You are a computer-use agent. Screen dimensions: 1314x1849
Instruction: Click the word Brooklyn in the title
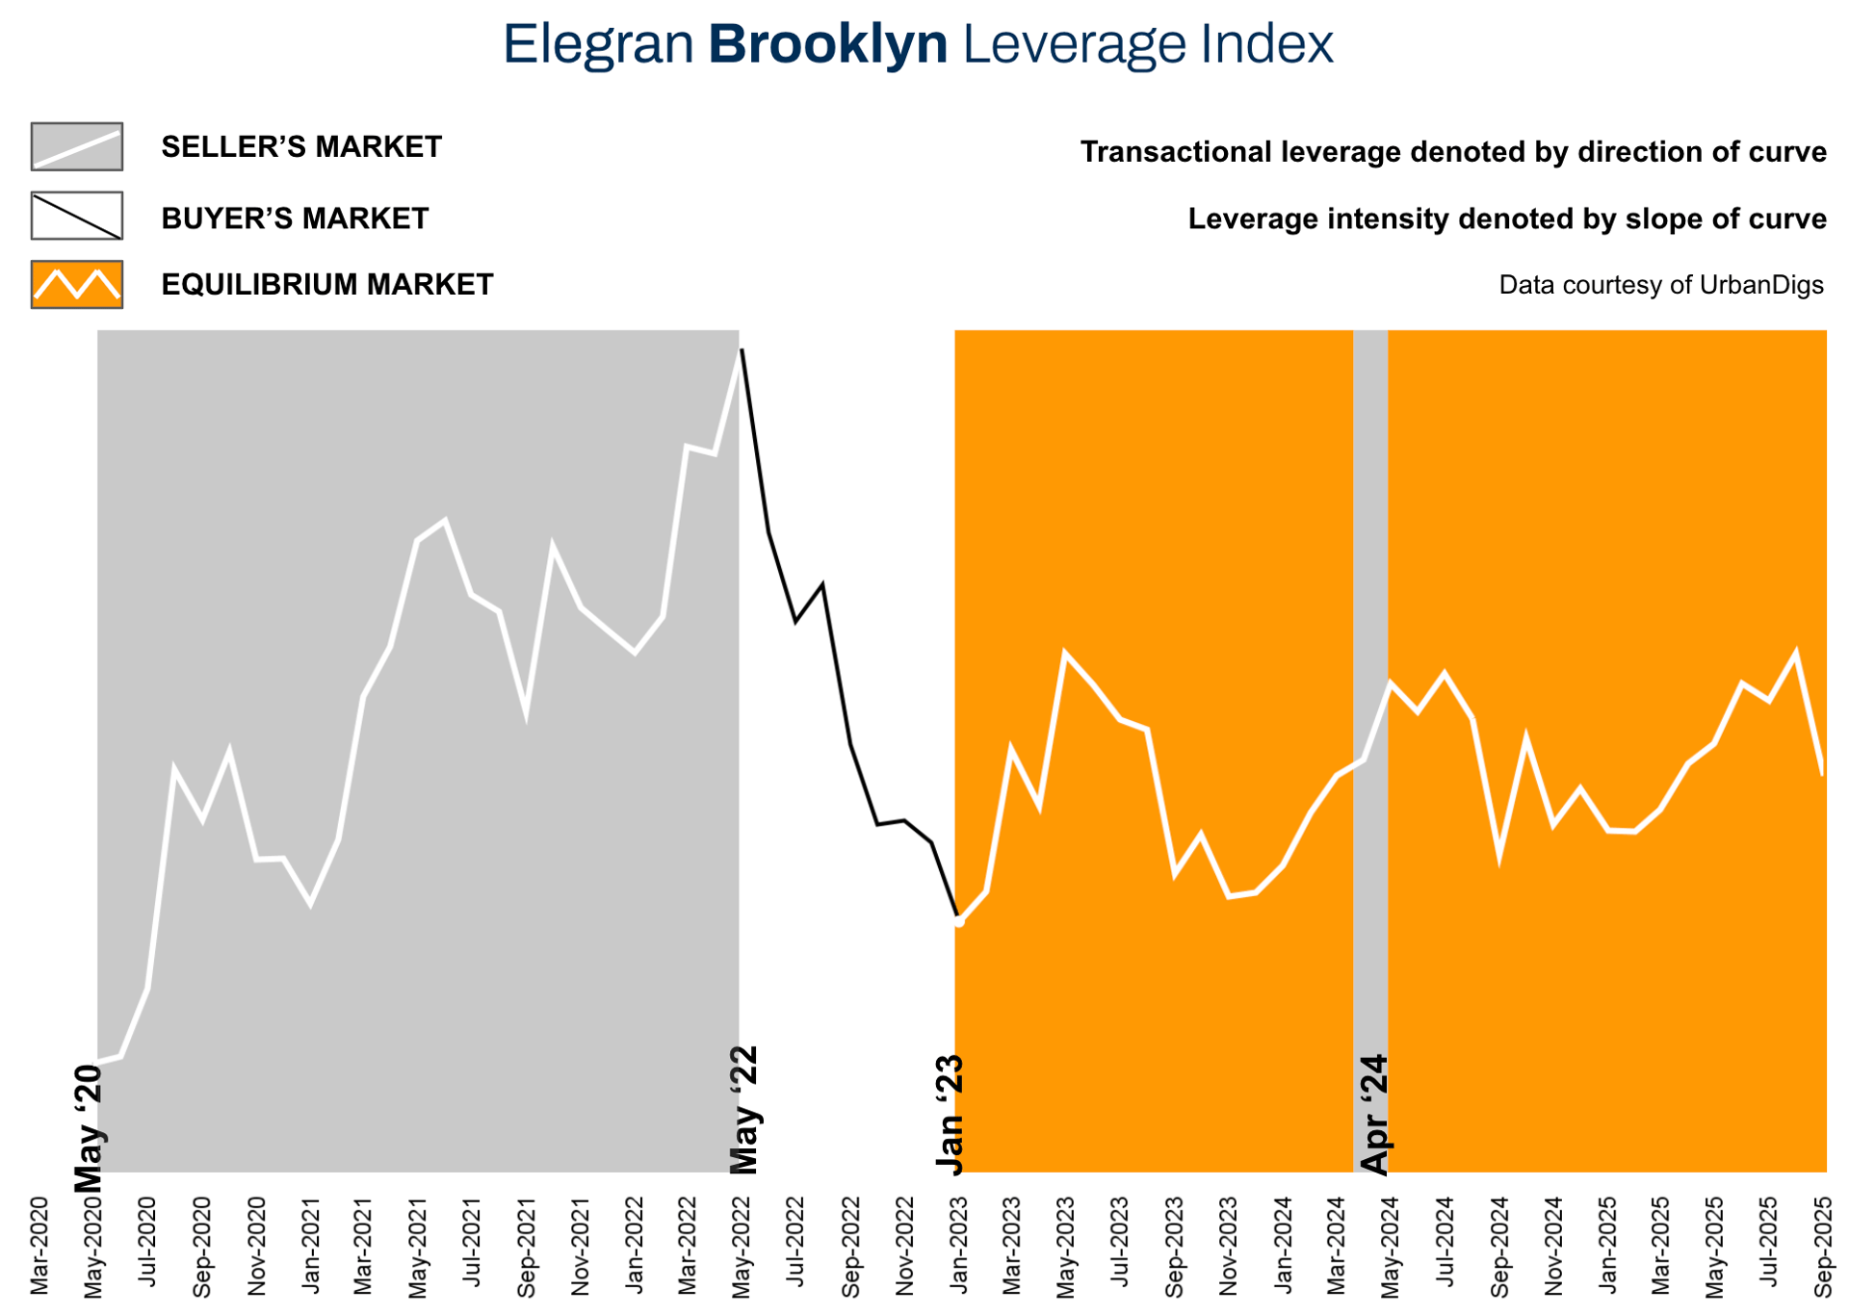click(827, 44)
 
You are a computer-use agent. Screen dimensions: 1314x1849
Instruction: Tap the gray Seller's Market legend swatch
click(77, 146)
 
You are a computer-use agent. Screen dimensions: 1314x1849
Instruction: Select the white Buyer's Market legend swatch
click(77, 216)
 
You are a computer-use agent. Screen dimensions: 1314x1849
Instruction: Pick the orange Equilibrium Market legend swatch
click(77, 285)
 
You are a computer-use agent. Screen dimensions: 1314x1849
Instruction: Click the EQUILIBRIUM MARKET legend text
click(326, 285)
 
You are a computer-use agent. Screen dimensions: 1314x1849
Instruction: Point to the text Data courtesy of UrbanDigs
click(1660, 285)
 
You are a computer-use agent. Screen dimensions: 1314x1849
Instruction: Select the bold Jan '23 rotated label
click(951, 1114)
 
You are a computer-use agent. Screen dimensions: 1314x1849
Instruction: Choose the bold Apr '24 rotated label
click(1374, 1114)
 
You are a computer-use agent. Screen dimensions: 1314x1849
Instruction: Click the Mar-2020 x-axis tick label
click(39, 1246)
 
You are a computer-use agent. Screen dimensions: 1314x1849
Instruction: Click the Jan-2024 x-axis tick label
click(1284, 1246)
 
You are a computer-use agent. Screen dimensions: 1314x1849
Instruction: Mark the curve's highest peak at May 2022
click(741, 350)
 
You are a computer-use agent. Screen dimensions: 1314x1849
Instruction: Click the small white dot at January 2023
click(959, 921)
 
